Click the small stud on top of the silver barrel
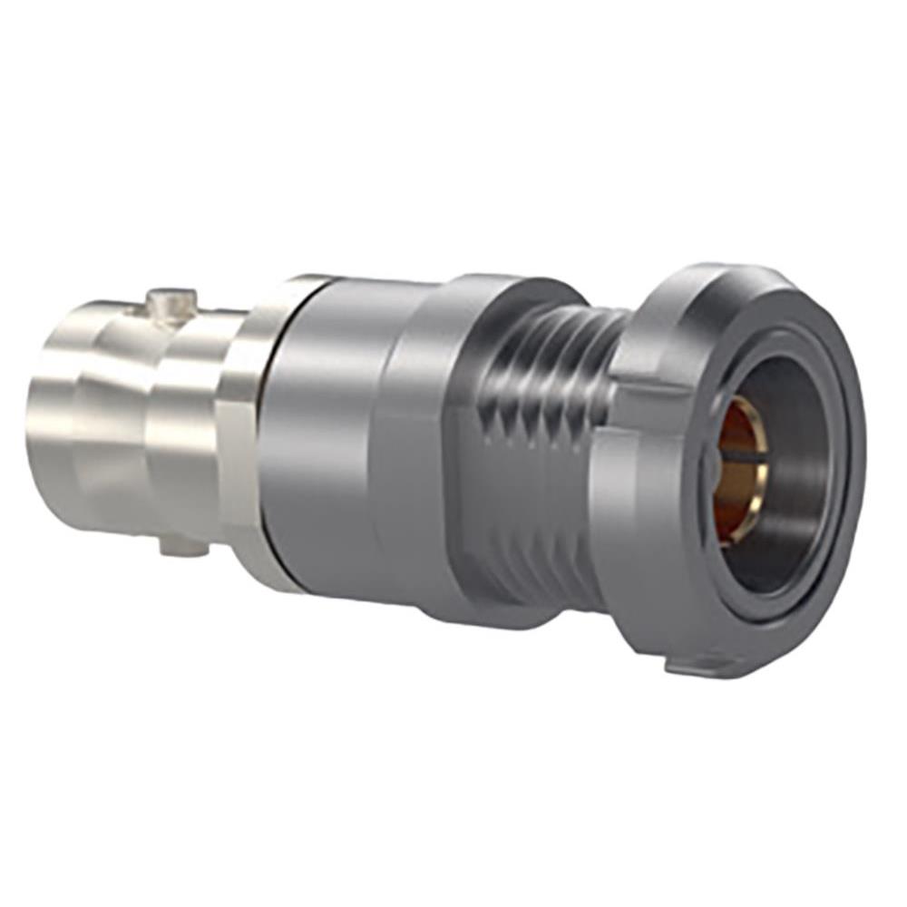tap(172, 303)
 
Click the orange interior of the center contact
tap(730, 490)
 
